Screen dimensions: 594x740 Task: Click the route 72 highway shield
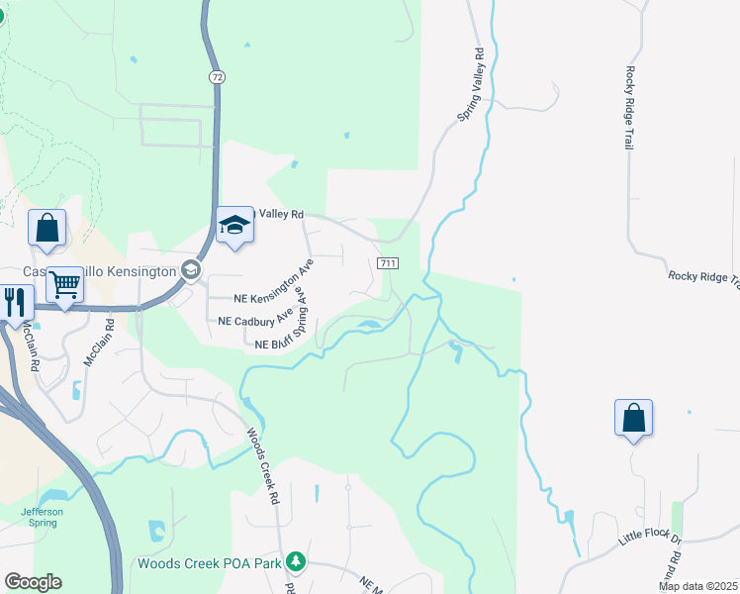216,76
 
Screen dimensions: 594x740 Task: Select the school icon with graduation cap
235,226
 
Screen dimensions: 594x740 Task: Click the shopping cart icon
64,286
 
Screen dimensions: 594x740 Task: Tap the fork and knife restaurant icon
15,302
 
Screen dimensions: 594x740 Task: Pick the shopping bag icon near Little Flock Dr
633,419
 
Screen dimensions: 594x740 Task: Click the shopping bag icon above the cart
46,229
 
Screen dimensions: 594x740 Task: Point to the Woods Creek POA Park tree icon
294,562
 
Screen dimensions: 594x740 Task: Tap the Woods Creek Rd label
260,465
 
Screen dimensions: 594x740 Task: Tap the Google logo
33,582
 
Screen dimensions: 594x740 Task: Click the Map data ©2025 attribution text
698,586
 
